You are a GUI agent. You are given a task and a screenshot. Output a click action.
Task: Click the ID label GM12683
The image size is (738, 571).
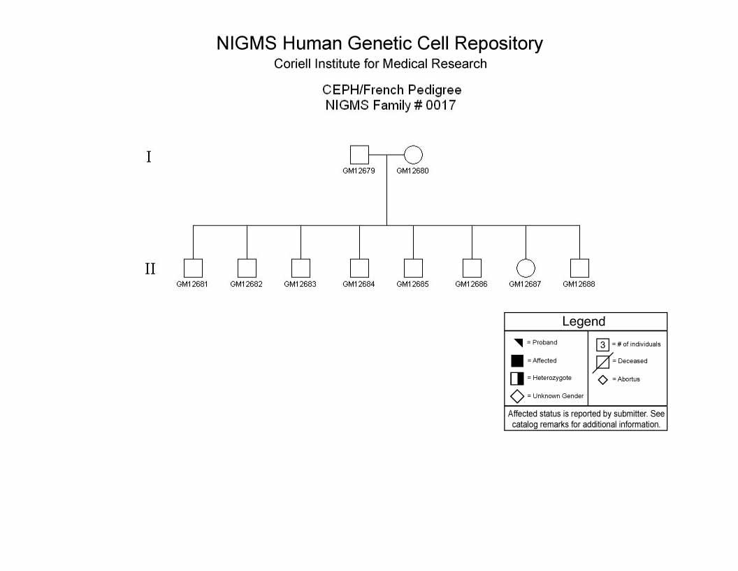(x=301, y=284)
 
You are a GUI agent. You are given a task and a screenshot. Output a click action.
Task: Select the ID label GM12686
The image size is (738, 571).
(x=471, y=284)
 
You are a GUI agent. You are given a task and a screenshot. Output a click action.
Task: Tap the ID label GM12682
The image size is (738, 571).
(x=246, y=284)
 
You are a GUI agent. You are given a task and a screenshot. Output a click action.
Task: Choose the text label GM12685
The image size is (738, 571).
(x=412, y=284)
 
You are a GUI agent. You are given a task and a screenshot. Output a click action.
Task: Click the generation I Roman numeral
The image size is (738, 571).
(x=149, y=157)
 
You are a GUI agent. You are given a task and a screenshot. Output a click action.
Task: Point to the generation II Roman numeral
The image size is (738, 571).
(x=150, y=269)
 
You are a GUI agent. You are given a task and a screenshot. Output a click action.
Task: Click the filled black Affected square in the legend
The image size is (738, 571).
(x=516, y=361)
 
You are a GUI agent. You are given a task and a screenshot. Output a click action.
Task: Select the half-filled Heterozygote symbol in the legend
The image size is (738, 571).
(x=516, y=379)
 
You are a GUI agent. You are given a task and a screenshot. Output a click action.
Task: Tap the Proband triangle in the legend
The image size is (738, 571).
(x=519, y=342)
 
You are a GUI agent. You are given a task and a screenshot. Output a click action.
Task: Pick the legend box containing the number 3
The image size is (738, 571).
(x=602, y=345)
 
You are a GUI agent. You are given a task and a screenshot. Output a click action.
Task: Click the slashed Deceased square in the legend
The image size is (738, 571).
(x=602, y=362)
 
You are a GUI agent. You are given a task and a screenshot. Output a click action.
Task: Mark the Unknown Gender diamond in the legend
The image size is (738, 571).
(x=516, y=396)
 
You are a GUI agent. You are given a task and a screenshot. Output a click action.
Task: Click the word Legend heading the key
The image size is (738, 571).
(x=584, y=322)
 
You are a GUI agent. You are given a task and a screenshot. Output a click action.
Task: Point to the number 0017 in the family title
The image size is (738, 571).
(x=440, y=105)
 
